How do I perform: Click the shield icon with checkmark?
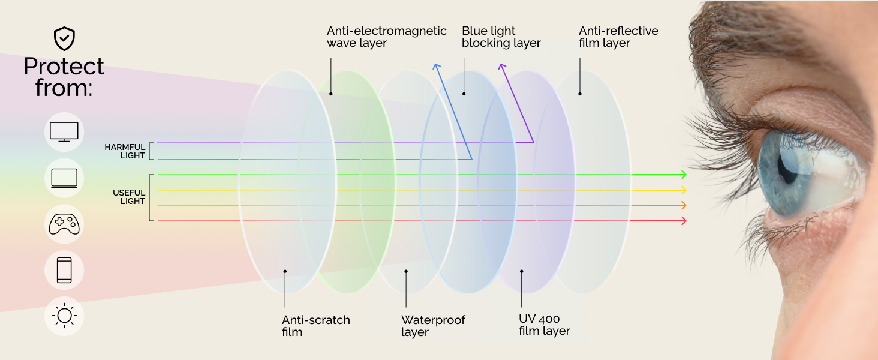tap(64, 39)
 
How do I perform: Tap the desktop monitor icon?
tap(64, 131)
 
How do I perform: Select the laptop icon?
tap(64, 178)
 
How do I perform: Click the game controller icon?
tap(64, 224)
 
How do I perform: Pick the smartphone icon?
tap(64, 270)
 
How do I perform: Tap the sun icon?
tap(64, 316)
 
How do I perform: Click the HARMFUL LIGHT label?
tap(125, 151)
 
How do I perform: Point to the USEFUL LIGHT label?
tap(129, 197)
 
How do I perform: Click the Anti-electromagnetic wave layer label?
tap(386, 37)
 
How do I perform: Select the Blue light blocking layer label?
tap(501, 37)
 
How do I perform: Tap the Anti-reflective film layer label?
tap(618, 37)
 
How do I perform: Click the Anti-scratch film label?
tap(315, 326)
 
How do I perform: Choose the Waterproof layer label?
tap(433, 326)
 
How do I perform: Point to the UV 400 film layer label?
tap(544, 325)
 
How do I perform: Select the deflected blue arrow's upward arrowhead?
tap(436, 66)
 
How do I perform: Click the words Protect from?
tap(64, 77)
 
